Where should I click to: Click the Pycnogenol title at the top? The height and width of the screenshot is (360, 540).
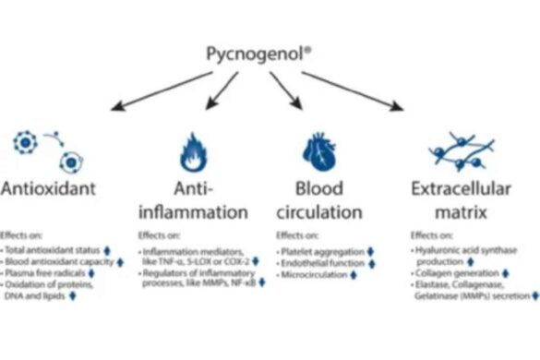[270, 54]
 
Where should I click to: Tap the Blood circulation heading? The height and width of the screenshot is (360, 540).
[325, 201]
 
